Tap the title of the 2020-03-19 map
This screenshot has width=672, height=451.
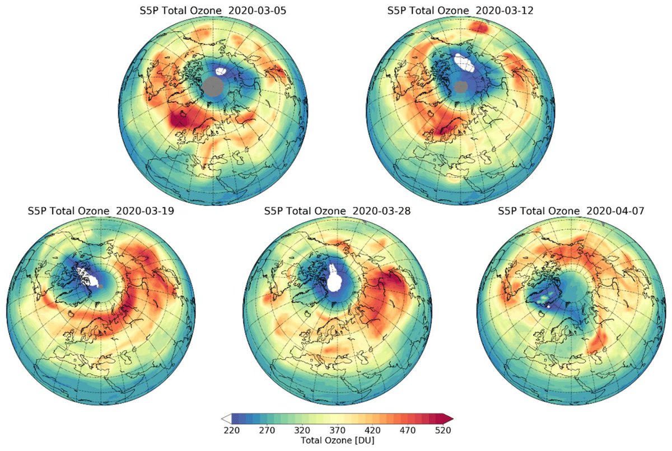point(92,211)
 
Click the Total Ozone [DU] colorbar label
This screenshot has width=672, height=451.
point(337,440)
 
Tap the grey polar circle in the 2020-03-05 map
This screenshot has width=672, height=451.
point(212,87)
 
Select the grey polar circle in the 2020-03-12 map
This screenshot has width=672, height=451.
point(461,86)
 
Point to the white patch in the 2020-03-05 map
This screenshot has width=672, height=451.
point(222,72)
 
